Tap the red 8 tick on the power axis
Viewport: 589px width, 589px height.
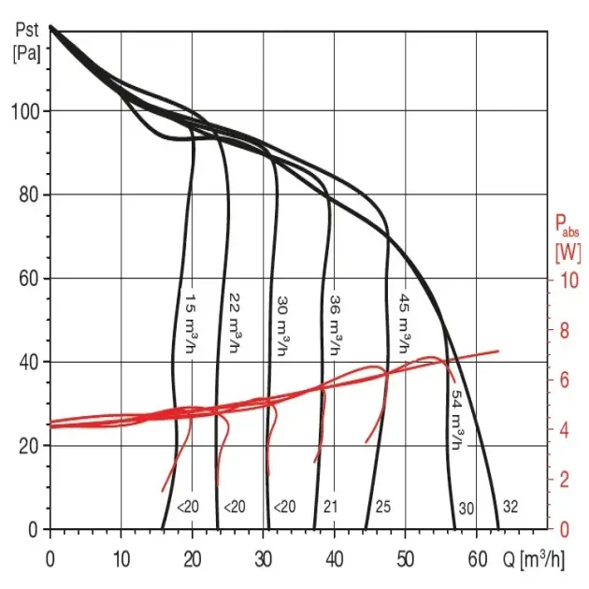565,329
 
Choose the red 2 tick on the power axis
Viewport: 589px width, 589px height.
565,480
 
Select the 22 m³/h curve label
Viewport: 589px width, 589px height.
236,325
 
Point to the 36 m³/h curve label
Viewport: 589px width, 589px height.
335,325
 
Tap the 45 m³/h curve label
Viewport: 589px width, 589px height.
405,325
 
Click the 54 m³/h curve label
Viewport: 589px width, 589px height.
456,420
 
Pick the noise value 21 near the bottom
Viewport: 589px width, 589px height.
329,508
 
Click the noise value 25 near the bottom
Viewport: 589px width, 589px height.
382,508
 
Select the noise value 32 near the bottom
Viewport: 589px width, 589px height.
510,508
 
